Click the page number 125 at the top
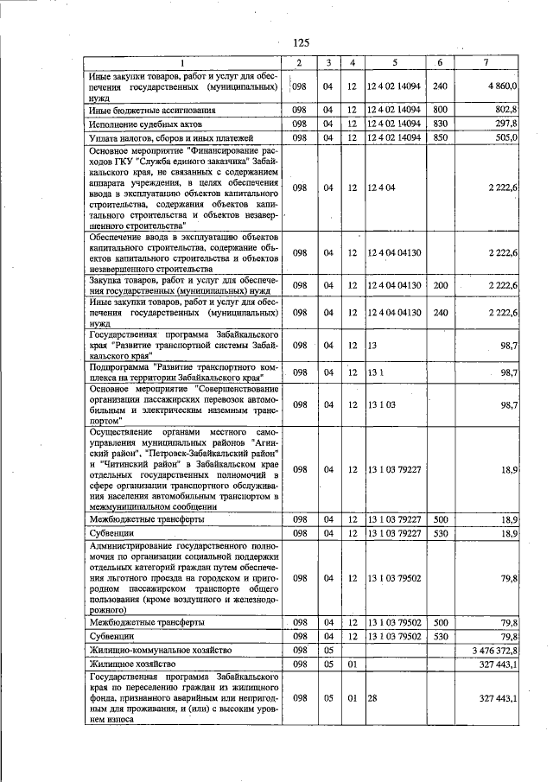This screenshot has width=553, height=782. pyautogui.click(x=301, y=43)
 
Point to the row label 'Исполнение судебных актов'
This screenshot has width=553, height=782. pyautogui.click(x=145, y=124)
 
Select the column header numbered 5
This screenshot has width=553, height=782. pyautogui.click(x=393, y=63)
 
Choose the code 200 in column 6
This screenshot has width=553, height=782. pyautogui.click(x=440, y=285)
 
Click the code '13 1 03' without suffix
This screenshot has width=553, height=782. pyautogui.click(x=382, y=404)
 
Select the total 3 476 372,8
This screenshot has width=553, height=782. pyautogui.click(x=492, y=649)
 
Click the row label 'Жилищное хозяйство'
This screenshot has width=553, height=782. pyautogui.click(x=130, y=662)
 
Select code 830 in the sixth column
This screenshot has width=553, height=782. pyautogui.click(x=440, y=124)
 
